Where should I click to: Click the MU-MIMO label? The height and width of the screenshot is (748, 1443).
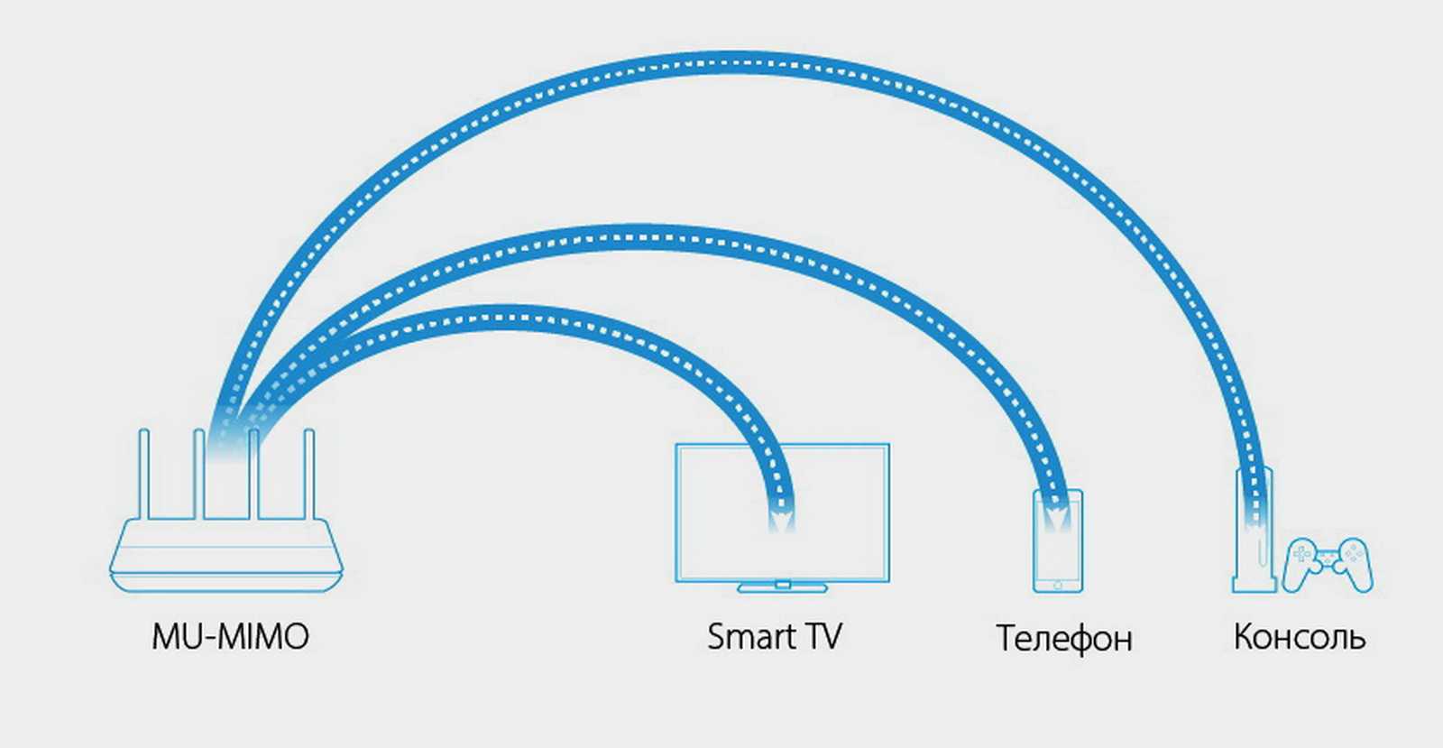230,637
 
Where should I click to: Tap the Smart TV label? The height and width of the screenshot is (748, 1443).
774,637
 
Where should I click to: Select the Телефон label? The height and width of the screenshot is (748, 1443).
1063,639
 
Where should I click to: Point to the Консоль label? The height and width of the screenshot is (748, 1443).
1299,637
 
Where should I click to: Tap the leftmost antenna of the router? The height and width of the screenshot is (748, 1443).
143,474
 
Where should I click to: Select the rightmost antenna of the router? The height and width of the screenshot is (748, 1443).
309,474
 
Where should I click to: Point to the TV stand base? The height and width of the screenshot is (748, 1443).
782,588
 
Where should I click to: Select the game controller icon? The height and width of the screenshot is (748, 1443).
1327,565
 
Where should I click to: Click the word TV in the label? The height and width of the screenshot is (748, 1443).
823,637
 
